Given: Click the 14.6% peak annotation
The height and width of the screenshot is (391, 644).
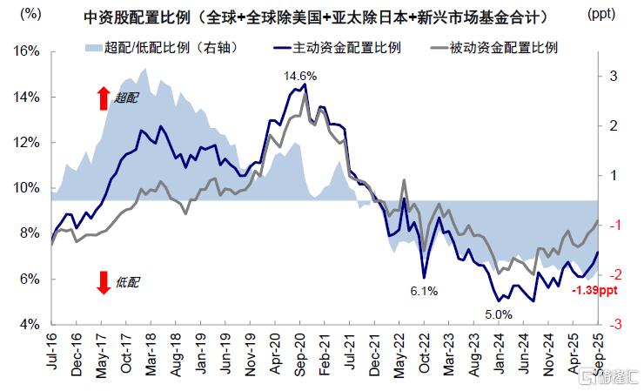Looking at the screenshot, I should pos(299,77).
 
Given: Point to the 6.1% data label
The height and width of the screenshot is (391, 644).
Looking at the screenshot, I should pos(424,291).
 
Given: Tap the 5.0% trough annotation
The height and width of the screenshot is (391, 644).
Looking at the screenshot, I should pos(499,314).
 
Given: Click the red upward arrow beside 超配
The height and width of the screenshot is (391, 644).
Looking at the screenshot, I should pos(104,98).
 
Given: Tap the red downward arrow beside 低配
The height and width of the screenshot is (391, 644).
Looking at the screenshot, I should pos(104,283).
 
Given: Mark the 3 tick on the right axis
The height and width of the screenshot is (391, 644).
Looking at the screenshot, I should pos(613,77).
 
